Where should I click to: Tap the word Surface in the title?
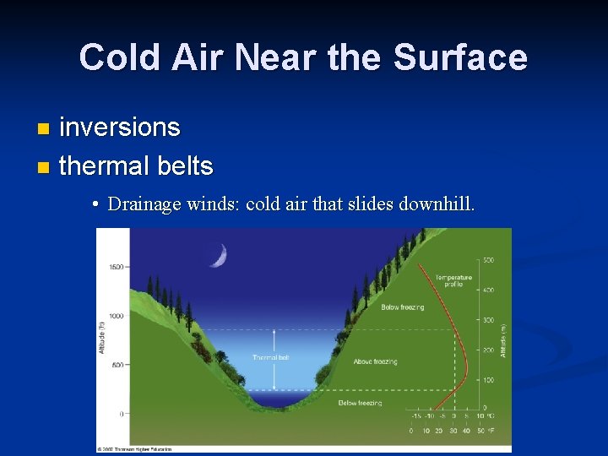pos(460,58)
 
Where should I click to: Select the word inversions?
pos(120,128)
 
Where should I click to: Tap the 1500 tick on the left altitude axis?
pos(115,267)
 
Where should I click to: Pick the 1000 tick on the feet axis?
pos(115,316)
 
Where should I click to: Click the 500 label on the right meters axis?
pos(489,259)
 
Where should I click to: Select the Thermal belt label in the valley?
pos(271,358)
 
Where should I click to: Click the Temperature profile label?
pos(453,280)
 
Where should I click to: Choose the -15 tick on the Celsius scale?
pos(415,416)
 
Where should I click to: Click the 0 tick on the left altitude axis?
pos(122,414)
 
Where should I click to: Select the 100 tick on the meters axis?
pos(489,381)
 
